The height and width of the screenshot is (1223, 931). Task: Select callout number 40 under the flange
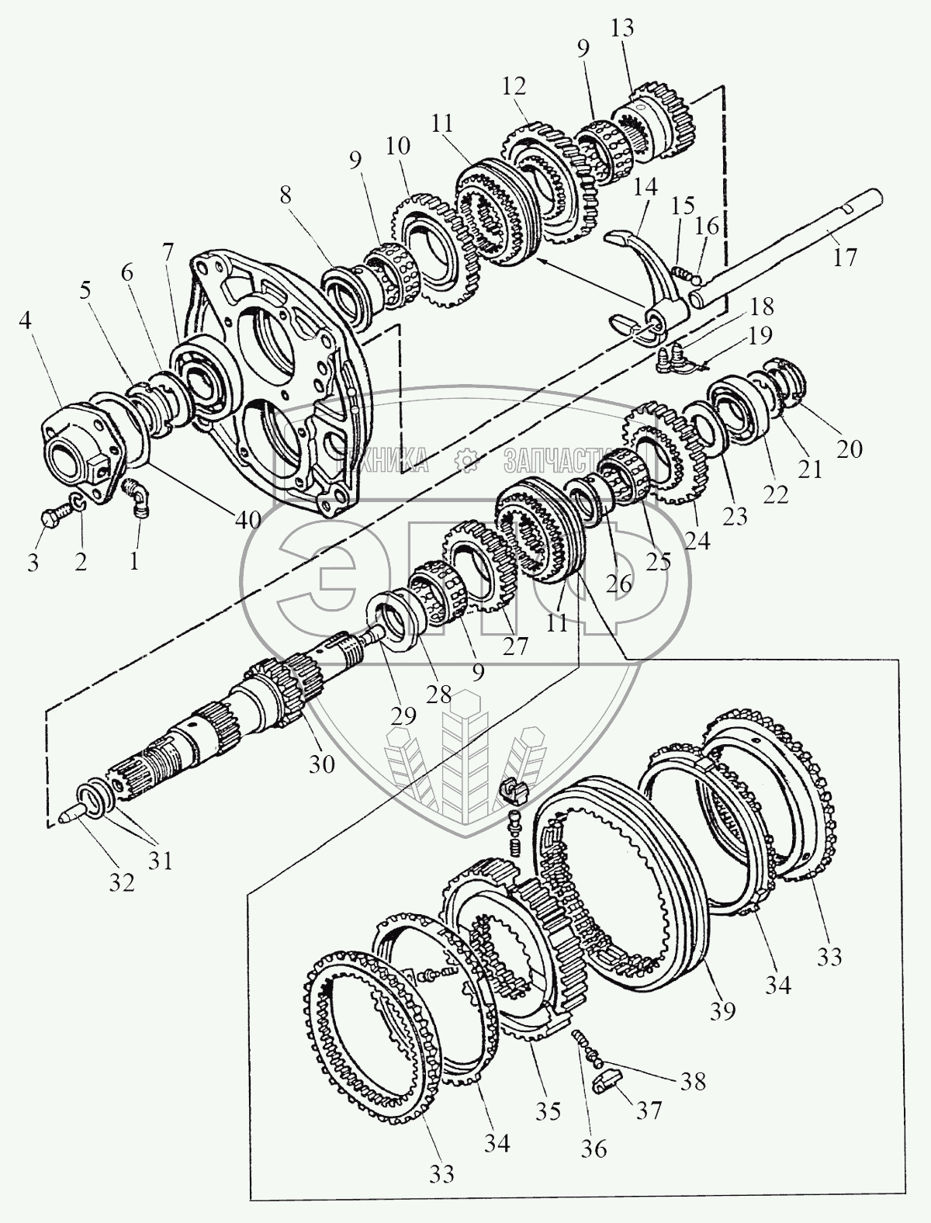pos(248,520)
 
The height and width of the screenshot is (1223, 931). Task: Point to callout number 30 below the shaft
pos(322,764)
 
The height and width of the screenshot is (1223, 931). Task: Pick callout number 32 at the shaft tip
pos(123,882)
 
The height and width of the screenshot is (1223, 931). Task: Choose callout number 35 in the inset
pos(548,1111)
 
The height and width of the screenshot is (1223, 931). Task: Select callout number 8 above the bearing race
pos(286,196)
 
